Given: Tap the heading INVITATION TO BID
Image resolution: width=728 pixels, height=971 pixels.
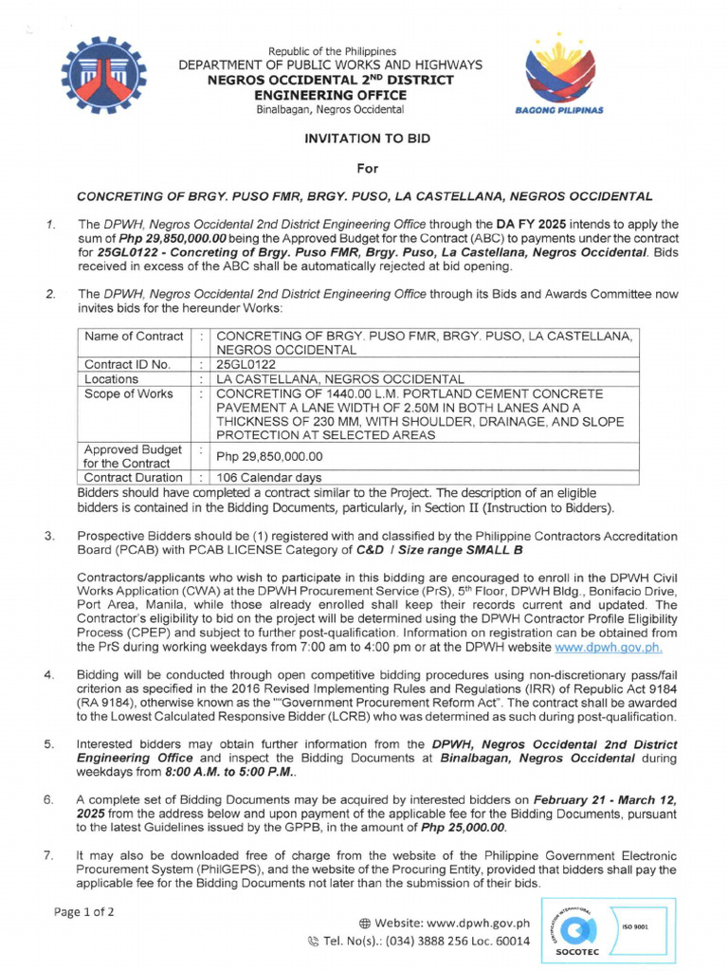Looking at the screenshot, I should (x=367, y=138).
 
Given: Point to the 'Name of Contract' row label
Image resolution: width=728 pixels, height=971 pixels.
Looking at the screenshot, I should (x=134, y=337).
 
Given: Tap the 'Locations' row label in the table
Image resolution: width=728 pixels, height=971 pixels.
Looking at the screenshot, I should (x=112, y=379).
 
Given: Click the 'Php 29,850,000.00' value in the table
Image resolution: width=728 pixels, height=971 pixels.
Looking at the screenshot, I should (x=270, y=456).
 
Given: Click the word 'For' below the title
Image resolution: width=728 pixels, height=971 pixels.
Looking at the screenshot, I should (x=366, y=168).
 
